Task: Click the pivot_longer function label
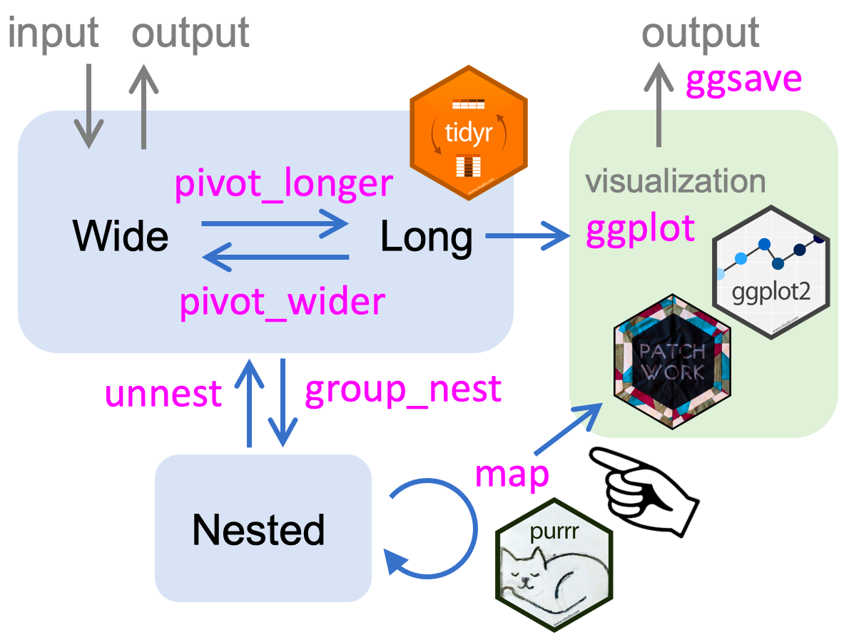[x=284, y=183]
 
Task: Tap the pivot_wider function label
[x=283, y=302]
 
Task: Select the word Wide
[x=121, y=236]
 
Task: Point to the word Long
[x=426, y=236]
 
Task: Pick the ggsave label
[x=743, y=81]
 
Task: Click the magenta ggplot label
[x=640, y=228]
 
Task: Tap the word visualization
[x=675, y=181]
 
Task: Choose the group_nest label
[x=403, y=390]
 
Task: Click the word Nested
[x=258, y=529]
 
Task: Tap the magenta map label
[x=512, y=474]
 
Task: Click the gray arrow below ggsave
[x=657, y=107]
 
